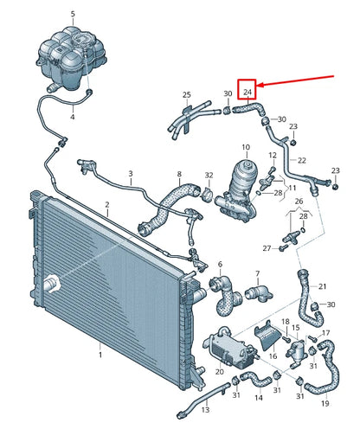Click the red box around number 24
(x=247, y=80)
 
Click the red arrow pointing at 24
(x=295, y=80)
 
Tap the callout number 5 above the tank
(x=73, y=14)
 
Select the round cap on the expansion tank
(x=82, y=41)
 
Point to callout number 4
(x=73, y=117)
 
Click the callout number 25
(x=187, y=94)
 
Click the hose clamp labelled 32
(x=208, y=195)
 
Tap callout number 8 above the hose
(x=179, y=174)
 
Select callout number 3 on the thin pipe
(x=131, y=174)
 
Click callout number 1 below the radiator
(x=100, y=355)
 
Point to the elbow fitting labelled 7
(x=259, y=294)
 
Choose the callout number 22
(x=302, y=160)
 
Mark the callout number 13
(x=205, y=409)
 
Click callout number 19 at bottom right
(x=325, y=403)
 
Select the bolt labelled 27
(x=282, y=247)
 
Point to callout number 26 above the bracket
(x=299, y=201)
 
